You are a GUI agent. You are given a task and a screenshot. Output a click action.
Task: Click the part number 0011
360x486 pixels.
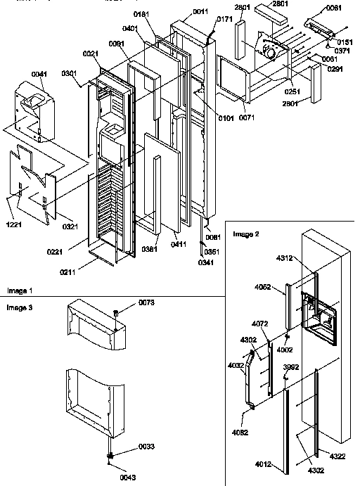point(200,11)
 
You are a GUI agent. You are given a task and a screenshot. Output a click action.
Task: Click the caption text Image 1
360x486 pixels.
point(19,290)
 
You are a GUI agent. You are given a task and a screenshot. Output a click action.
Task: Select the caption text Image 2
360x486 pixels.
point(247,234)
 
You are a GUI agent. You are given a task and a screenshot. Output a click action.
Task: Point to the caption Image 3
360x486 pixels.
point(19,307)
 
